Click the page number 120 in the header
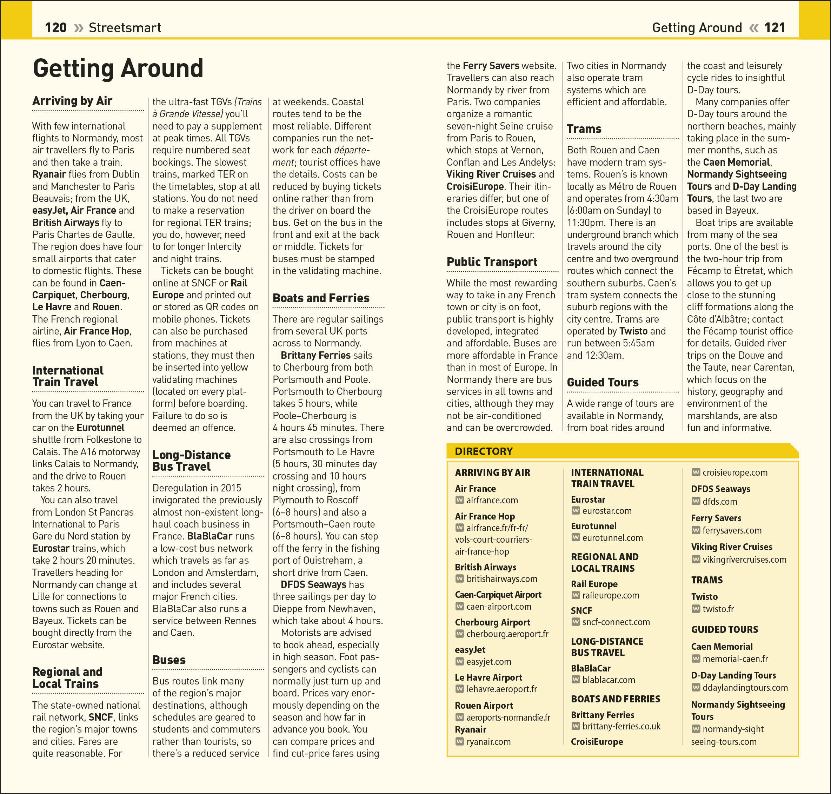(55, 28)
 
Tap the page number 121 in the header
(775, 28)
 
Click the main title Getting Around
(118, 68)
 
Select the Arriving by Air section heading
(72, 101)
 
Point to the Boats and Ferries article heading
(321, 298)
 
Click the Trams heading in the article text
(584, 129)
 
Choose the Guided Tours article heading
(603, 382)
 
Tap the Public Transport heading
(492, 262)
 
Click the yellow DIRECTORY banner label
(484, 451)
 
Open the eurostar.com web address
(607, 511)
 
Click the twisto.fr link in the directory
(718, 609)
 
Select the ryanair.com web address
(488, 741)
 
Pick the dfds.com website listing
(720, 502)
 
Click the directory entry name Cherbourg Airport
(492, 622)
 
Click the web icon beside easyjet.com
(459, 661)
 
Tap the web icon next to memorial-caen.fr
(696, 659)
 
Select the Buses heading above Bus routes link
(169, 660)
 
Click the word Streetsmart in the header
(125, 28)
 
